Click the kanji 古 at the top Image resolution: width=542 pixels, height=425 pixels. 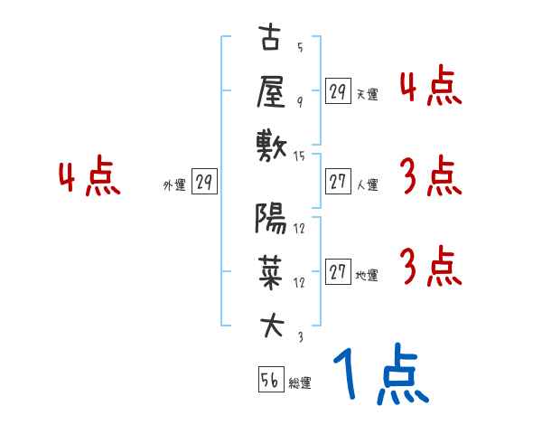[271, 41]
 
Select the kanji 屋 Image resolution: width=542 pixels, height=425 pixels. [271, 91]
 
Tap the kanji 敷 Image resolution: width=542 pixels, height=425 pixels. [271, 143]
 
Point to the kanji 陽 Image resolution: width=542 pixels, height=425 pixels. [271, 219]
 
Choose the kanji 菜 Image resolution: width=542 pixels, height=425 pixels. [271, 269]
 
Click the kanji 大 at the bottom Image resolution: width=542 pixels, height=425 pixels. [271, 323]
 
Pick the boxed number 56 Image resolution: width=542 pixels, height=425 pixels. [270, 380]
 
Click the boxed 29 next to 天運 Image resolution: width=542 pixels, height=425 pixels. [338, 91]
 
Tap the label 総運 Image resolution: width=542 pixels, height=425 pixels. [300, 383]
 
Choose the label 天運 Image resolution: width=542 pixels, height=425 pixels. [367, 93]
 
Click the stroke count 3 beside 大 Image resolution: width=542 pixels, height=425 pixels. [299, 335]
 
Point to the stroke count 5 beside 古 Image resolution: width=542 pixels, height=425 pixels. [299, 46]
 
